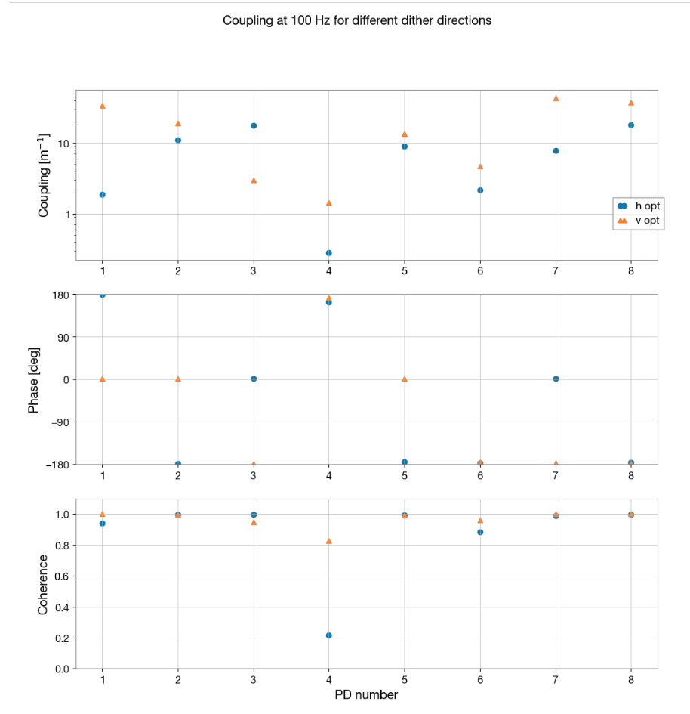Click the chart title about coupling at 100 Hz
(356, 20)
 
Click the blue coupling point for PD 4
(329, 253)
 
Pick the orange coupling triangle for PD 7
(556, 98)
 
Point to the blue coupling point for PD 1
(103, 195)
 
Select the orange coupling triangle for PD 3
(254, 181)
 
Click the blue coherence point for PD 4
(329, 635)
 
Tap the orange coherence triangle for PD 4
(329, 541)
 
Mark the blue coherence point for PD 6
(480, 532)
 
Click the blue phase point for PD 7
(556, 379)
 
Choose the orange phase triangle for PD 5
(405, 379)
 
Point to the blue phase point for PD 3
(254, 379)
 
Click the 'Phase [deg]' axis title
(34, 379)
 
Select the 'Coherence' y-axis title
(43, 584)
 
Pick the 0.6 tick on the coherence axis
(61, 576)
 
